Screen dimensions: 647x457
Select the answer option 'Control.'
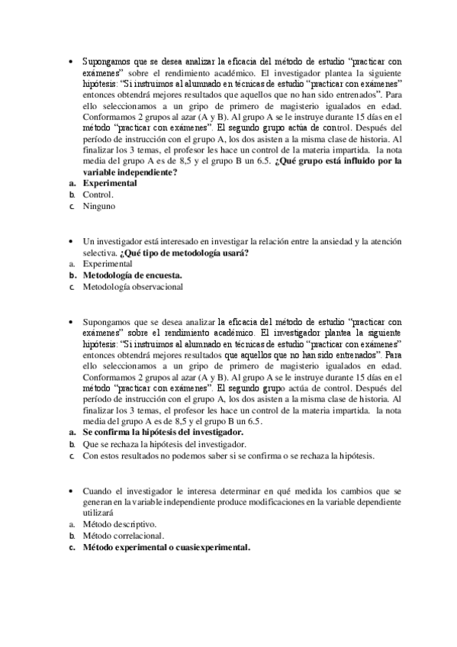98,195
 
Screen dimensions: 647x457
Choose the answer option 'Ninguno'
99,206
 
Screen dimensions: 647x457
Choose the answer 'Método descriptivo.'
120,525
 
